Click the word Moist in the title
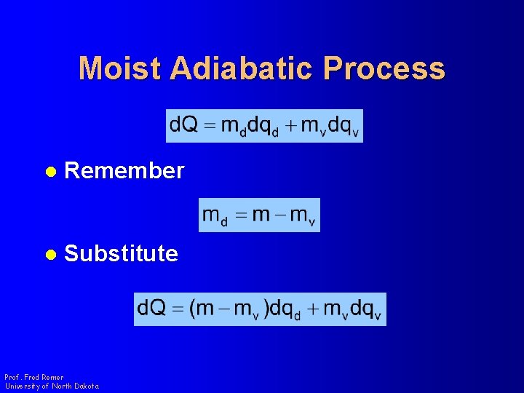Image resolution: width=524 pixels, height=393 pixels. pos(119,68)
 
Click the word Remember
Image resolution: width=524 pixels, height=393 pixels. pos(124,170)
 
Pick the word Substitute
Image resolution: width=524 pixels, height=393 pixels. pos(121,253)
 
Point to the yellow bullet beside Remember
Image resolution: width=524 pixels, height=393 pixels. pos(51,172)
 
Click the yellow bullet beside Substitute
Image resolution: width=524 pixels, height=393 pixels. pos(51,254)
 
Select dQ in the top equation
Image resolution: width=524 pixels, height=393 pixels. pos(184,124)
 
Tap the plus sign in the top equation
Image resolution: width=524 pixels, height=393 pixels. pos(292,126)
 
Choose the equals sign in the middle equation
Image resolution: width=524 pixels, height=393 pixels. pos(242,215)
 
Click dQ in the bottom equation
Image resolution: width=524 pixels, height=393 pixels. pos(151,307)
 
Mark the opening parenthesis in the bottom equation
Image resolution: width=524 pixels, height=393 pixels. pos(192,308)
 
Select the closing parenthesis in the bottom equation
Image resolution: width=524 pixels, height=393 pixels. pos(266,308)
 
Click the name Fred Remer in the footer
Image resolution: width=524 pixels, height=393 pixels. pos(44,377)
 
